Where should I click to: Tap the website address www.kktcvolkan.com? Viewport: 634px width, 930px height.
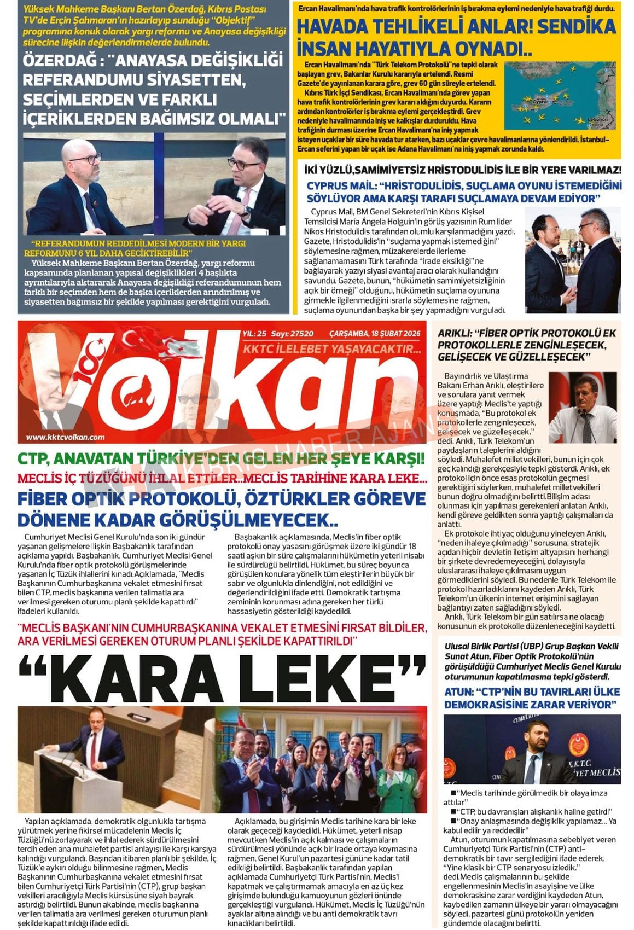coord(65,437)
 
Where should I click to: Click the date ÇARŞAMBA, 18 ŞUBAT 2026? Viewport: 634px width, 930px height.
coord(375,333)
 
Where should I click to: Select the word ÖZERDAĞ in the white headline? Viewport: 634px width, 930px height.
coord(60,60)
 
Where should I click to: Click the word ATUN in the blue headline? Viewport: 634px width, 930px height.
coord(458,691)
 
